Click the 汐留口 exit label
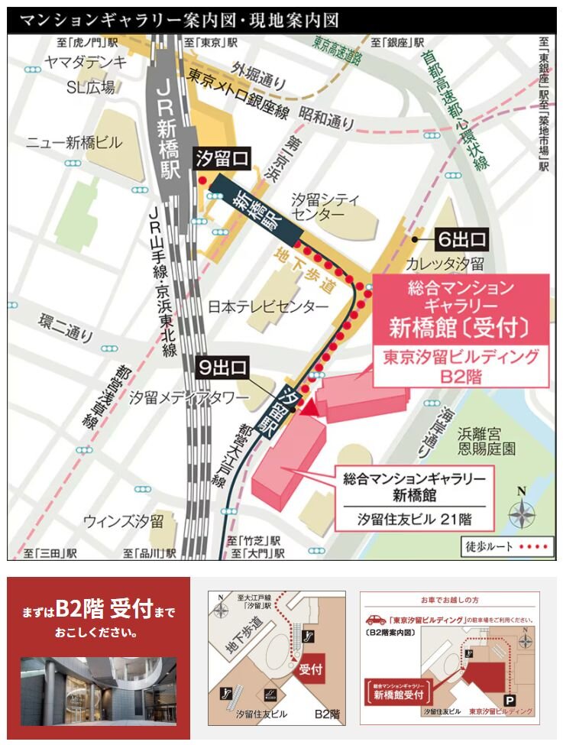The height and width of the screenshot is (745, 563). [222, 160]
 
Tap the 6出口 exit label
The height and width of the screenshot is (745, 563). [461, 239]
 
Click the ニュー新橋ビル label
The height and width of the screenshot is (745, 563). [73, 143]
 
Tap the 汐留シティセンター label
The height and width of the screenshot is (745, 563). [325, 207]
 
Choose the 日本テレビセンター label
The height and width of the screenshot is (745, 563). [268, 307]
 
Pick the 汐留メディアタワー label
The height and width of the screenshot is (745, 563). [189, 398]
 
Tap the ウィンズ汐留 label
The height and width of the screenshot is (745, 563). [124, 522]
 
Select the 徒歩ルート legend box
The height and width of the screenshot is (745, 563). [506, 547]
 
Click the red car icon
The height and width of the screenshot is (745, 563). [376, 620]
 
